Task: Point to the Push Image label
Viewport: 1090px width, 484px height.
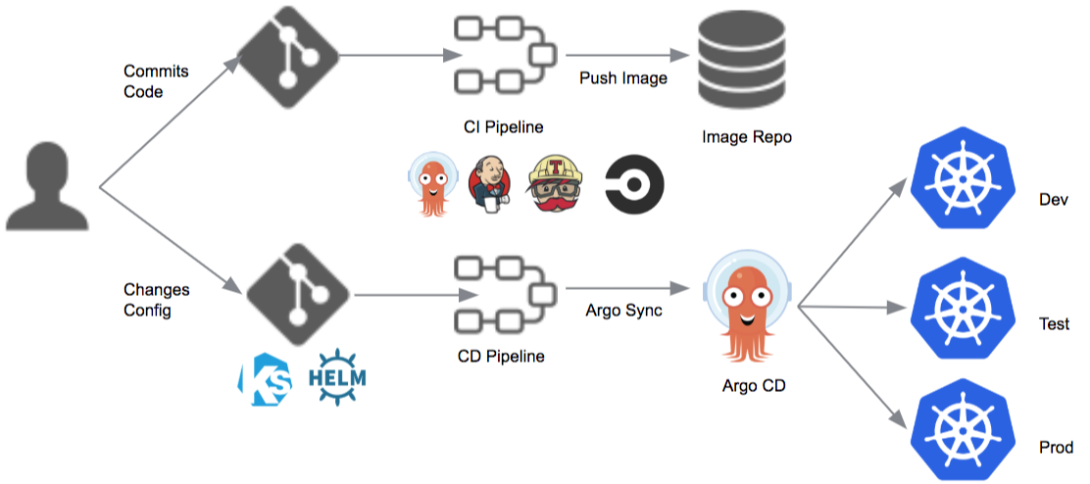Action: click(622, 77)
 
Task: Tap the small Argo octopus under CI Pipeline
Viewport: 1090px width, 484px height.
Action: click(431, 183)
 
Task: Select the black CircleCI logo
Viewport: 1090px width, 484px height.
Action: click(634, 184)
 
